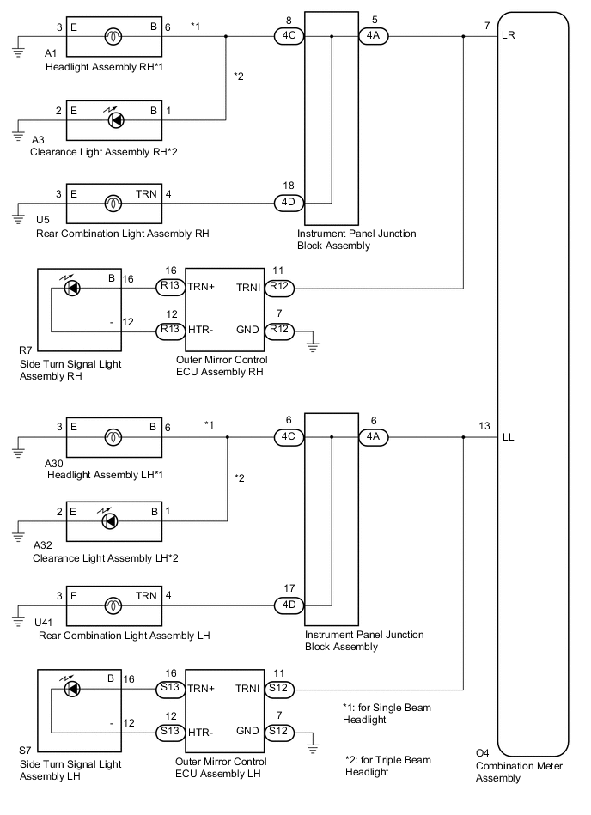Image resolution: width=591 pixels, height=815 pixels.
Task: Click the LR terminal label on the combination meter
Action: pyautogui.click(x=512, y=38)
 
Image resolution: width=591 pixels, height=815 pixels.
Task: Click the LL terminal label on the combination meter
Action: pyautogui.click(x=511, y=437)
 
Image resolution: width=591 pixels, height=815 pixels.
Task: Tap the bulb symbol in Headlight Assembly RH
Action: pyautogui.click(x=112, y=37)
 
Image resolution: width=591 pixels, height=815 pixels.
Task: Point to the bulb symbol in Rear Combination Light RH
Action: pyautogui.click(x=112, y=204)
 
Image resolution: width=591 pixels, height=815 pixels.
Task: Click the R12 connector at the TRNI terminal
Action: pyautogui.click(x=278, y=286)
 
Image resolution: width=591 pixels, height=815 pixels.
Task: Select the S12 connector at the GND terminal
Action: pyautogui.click(x=278, y=731)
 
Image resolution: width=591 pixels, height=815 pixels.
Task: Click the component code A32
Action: pyautogui.click(x=41, y=545)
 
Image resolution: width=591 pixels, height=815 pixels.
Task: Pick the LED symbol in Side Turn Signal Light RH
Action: pyautogui.click(x=73, y=286)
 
